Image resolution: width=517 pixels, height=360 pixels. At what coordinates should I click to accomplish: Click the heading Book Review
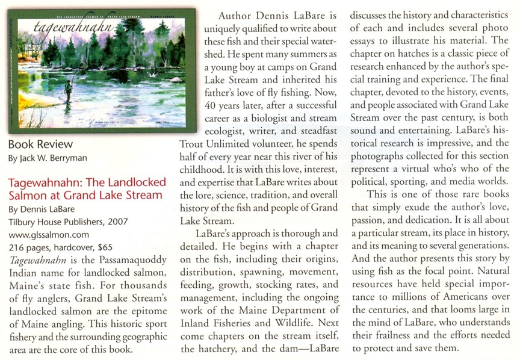40,144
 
